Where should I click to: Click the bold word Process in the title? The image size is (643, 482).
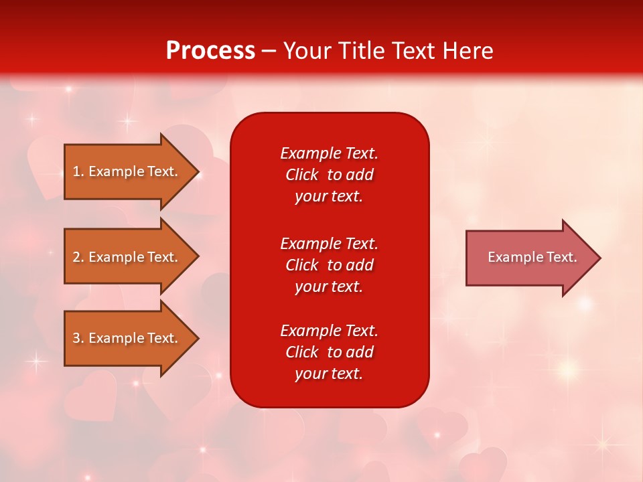pyautogui.click(x=210, y=51)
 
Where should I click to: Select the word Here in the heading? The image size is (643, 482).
pyautogui.click(x=468, y=51)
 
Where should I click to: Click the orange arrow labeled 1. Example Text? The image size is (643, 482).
pyautogui.click(x=131, y=172)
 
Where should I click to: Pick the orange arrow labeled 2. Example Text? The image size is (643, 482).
pyautogui.click(x=131, y=256)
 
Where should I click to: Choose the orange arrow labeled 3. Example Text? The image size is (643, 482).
pyautogui.click(x=131, y=338)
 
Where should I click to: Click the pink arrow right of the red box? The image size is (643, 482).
pyautogui.click(x=533, y=258)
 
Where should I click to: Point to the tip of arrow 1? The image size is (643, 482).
pyautogui.click(x=200, y=172)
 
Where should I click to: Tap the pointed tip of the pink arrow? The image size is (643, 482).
pyautogui.click(x=601, y=258)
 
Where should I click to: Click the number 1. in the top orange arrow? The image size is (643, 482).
pyautogui.click(x=78, y=171)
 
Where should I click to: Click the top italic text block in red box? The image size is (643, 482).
pyautogui.click(x=330, y=175)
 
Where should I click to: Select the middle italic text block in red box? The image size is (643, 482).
pyautogui.click(x=330, y=265)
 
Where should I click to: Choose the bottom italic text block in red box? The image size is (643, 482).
pyautogui.click(x=330, y=352)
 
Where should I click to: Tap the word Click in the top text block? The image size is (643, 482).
pyautogui.click(x=302, y=175)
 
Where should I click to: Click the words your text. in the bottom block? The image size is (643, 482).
pyautogui.click(x=329, y=374)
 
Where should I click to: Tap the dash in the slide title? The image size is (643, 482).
pyautogui.click(x=269, y=52)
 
